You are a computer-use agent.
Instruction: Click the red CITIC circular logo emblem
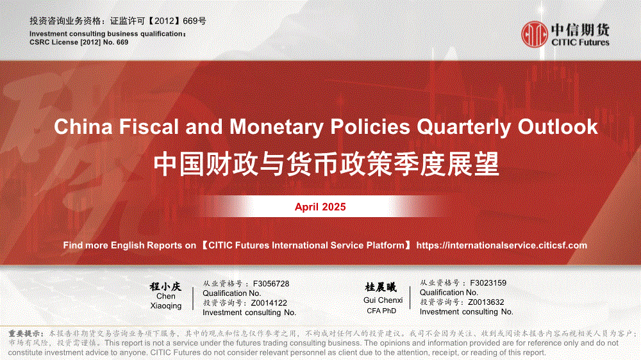pos(535,35)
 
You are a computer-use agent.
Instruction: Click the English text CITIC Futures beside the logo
pos(580,42)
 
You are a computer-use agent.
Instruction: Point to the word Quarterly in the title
pos(464,127)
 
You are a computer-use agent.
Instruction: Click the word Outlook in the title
pos(558,126)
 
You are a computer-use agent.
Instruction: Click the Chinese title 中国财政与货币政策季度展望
pos(326,164)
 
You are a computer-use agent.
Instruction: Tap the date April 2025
pos(320,207)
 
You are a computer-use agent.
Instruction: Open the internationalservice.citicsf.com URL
pos(502,245)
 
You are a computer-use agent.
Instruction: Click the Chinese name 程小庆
pos(165,286)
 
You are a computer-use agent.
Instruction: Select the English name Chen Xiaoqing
pos(165,301)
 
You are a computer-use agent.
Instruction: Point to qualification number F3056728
pos(271,284)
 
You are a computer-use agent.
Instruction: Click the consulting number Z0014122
pos(269,303)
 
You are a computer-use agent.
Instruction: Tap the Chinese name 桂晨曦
pos(381,287)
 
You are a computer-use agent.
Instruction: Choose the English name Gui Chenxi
pos(383,300)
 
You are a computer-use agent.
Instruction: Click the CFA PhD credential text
pos(381,311)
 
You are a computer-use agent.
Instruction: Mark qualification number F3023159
pos(488,282)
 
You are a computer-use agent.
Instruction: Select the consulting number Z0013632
pos(486,302)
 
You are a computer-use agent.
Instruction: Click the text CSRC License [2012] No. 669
pos(79,42)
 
